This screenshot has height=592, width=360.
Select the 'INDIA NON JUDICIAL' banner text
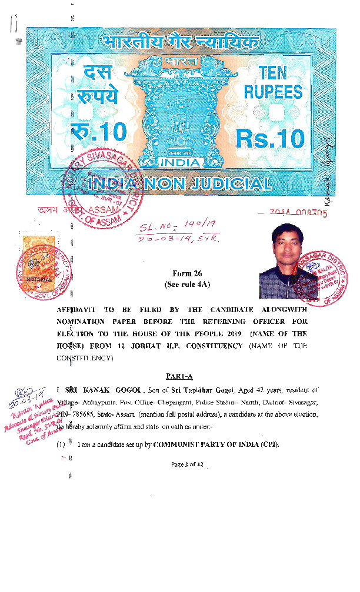pos(179,184)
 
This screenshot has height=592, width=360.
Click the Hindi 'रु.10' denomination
pos(97,132)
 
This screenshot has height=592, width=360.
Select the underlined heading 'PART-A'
pos(179,376)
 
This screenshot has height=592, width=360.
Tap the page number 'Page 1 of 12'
pos(187,464)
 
